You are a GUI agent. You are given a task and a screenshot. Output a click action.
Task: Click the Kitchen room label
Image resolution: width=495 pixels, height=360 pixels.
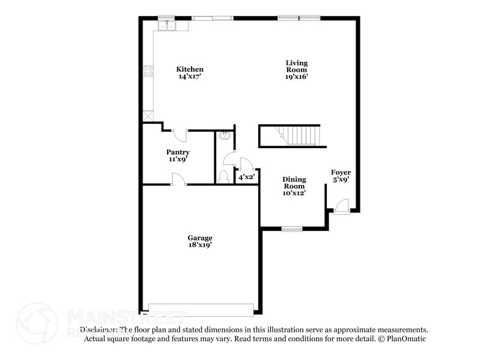[x=190, y=69]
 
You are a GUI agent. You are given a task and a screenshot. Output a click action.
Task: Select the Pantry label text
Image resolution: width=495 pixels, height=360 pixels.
[x=177, y=152]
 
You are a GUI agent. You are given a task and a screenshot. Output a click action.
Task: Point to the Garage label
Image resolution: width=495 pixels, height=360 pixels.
[x=200, y=238]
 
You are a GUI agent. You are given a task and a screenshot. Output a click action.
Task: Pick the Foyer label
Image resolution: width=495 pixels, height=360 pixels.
[x=341, y=172]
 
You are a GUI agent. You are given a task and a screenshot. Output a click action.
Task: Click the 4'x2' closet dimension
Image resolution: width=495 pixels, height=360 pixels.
[x=246, y=177]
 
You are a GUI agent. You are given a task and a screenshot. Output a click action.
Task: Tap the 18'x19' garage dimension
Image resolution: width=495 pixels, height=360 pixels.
[x=200, y=245]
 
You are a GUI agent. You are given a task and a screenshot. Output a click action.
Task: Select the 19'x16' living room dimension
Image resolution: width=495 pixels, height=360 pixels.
[x=297, y=77]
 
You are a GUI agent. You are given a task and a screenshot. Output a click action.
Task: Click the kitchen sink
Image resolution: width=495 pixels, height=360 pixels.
[x=166, y=26]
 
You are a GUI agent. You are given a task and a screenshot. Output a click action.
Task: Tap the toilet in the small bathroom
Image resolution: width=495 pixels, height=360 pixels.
[x=224, y=177]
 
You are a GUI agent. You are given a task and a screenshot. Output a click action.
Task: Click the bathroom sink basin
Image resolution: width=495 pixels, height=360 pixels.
[x=226, y=137]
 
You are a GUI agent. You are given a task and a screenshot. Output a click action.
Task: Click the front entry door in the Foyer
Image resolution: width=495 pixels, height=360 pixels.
[x=342, y=206]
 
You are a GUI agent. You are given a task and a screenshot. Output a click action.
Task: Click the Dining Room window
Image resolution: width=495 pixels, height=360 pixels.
[x=292, y=229]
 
